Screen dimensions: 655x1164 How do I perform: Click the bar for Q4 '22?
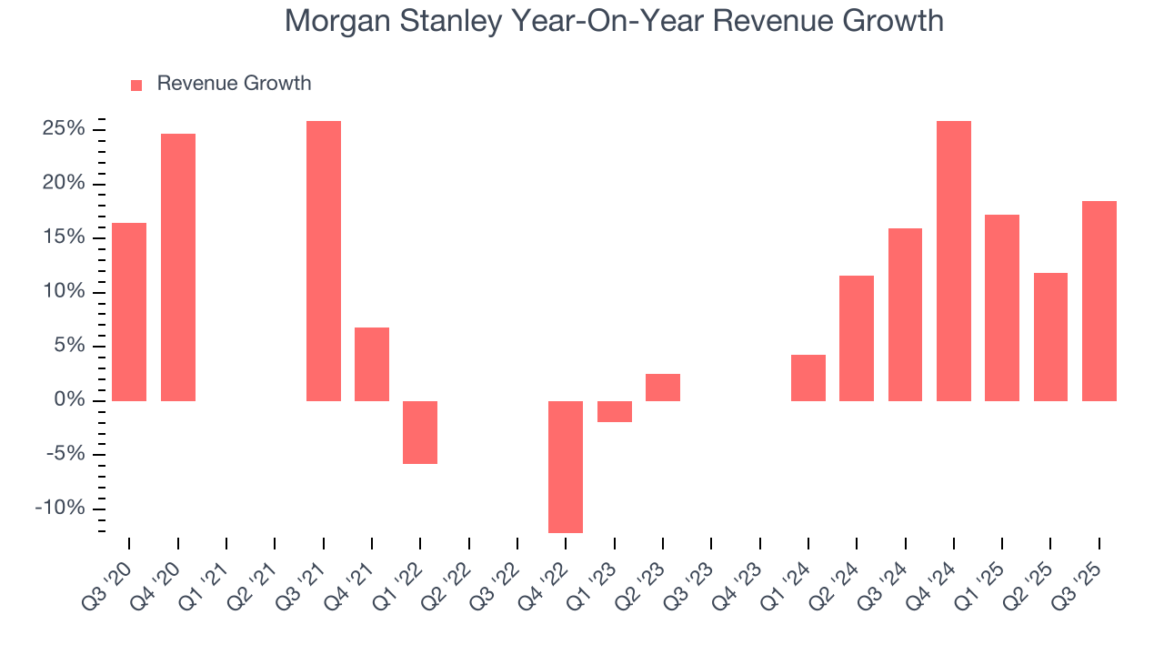566,467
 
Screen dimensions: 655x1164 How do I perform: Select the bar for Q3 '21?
324,261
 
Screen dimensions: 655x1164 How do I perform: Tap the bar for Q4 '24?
954,261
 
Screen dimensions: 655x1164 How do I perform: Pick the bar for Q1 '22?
420,432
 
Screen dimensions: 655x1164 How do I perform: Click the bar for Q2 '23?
663,388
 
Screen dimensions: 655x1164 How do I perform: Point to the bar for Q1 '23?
615,411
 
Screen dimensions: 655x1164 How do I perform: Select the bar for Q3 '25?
1099,301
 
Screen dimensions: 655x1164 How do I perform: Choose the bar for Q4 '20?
178,267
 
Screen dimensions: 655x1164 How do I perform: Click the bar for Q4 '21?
372,364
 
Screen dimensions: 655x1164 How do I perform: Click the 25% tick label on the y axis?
64,129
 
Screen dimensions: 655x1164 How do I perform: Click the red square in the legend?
136,86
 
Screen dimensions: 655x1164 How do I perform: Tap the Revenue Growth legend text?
234,84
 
